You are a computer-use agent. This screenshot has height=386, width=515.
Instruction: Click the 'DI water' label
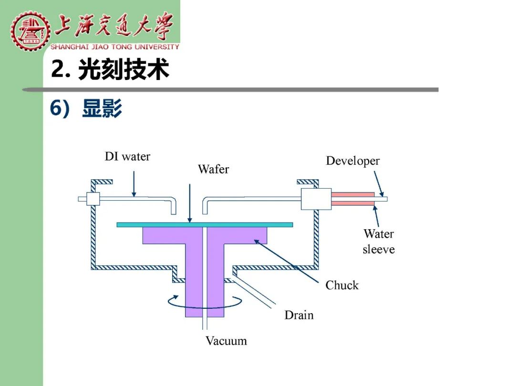point(127,157)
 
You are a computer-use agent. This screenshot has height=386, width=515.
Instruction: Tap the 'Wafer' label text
point(214,169)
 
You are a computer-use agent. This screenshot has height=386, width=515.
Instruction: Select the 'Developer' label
point(353,161)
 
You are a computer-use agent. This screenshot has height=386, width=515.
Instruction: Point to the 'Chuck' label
point(342,285)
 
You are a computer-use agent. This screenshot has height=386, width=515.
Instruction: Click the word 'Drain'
point(299,315)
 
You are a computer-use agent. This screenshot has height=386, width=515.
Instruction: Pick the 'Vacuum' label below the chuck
point(227,341)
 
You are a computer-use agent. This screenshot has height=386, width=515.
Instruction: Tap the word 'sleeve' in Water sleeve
point(378,249)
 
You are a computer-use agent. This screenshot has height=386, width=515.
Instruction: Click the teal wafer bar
point(205,225)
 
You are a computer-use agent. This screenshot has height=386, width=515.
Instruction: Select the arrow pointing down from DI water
point(134,184)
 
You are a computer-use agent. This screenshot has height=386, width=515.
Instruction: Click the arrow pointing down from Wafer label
point(189,203)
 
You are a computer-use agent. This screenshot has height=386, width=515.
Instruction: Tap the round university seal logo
point(30,30)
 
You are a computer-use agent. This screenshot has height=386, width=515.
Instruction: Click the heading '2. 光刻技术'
point(110,69)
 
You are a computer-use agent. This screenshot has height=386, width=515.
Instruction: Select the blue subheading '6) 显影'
point(86,108)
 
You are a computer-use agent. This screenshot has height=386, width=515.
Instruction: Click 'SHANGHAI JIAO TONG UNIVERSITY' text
point(114,47)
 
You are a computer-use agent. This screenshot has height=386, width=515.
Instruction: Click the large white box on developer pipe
point(316,199)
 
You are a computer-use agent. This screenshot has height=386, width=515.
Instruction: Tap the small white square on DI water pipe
point(93,199)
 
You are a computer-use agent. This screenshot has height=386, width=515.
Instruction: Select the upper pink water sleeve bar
point(352,194)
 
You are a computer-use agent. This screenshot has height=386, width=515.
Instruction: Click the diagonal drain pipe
point(253,293)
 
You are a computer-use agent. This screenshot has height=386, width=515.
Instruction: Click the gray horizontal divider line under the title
point(230,90)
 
